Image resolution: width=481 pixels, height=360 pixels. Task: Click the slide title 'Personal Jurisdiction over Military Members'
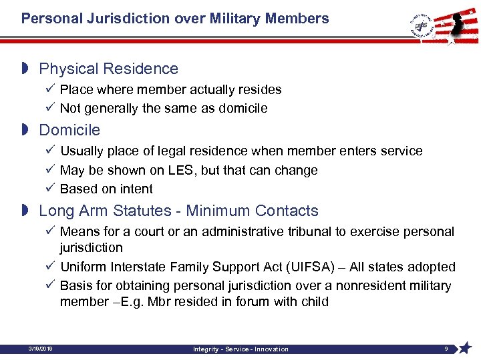coord(175,19)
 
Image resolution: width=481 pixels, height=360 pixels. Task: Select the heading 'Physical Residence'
coord(109,69)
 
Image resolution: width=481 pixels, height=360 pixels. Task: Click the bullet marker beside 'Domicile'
coord(25,130)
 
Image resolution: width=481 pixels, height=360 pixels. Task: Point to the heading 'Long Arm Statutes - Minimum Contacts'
coord(179,211)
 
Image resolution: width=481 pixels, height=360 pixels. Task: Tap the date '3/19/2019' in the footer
coord(41,349)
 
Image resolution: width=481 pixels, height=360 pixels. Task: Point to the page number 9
coord(446,349)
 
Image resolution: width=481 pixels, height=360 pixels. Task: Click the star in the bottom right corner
coord(466,347)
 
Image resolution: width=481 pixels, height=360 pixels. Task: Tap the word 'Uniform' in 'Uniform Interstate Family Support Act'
coord(84,267)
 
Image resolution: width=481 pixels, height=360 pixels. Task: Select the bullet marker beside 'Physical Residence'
coord(25,69)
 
